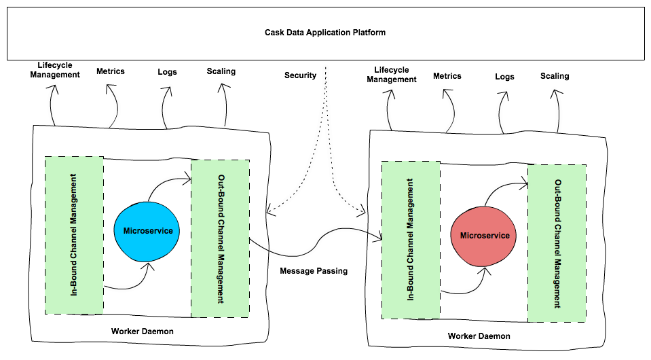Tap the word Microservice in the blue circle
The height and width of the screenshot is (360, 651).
pyautogui.click(x=148, y=231)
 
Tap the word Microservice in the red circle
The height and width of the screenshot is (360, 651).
pyautogui.click(x=485, y=236)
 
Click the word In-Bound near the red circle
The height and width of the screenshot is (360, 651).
pyautogui.click(x=411, y=285)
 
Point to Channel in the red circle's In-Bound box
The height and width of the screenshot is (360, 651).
pyautogui.click(x=411, y=251)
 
